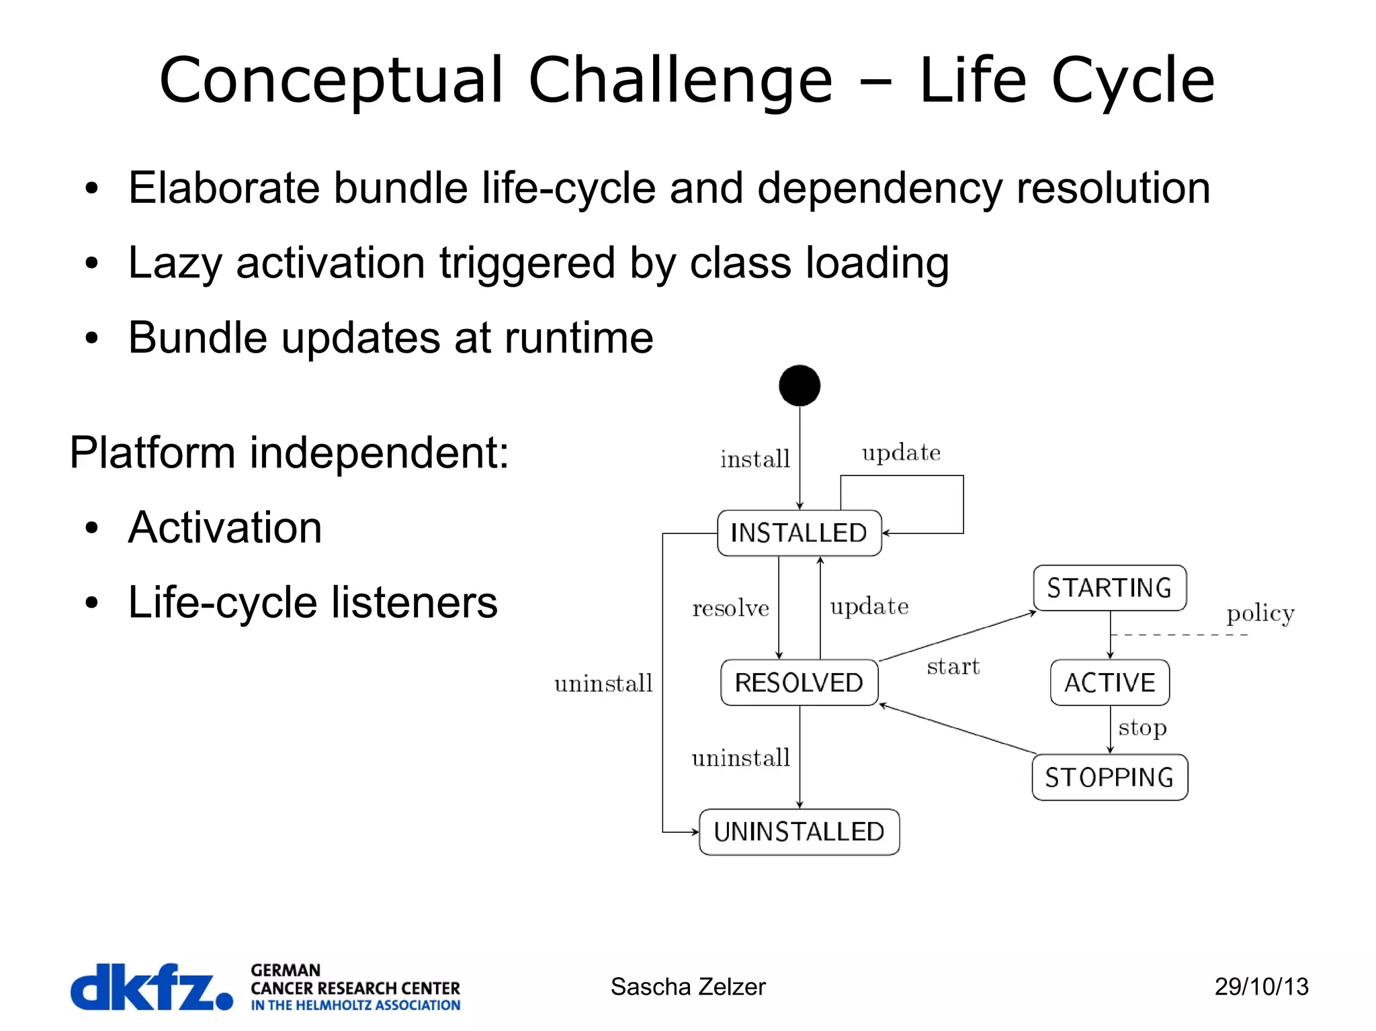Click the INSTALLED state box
click(799, 533)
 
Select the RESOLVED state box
click(799, 682)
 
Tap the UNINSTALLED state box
click(799, 832)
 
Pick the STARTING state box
click(1109, 588)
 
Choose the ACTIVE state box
click(1109, 682)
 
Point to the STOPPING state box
click(1109, 777)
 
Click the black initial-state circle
click(800, 386)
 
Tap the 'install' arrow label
click(755, 459)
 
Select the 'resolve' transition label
click(730, 609)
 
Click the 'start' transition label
click(953, 666)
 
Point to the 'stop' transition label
click(1142, 728)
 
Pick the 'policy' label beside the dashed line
click(1260, 614)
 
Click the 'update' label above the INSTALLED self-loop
click(901, 453)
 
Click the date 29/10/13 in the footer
click(1261, 987)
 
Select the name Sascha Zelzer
click(687, 987)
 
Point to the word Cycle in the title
click(1133, 81)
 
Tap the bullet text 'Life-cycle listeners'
click(312, 602)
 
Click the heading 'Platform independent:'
click(289, 452)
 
